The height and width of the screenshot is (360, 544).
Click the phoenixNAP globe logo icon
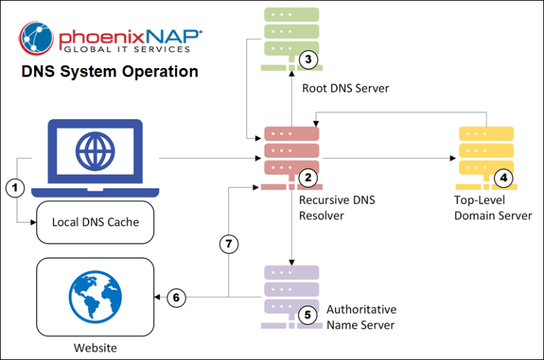[x=36, y=38]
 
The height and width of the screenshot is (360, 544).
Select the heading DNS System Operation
[x=110, y=72]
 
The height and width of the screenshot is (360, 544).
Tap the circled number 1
[x=15, y=188]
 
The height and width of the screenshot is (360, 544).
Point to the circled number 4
[x=503, y=177]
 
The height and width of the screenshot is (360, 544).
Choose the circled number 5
[x=307, y=314]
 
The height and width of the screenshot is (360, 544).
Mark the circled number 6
[x=176, y=298]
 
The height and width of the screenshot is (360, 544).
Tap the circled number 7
[x=228, y=244]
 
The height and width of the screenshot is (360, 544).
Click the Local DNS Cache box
[x=96, y=222]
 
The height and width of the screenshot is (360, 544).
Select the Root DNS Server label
[x=346, y=89]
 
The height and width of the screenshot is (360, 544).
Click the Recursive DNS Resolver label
[x=336, y=208]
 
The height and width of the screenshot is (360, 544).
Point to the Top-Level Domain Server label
[x=492, y=208]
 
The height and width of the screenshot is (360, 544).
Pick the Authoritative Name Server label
[x=361, y=317]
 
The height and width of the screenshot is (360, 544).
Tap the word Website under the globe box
[x=95, y=347]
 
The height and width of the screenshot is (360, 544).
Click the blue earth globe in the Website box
[x=95, y=297]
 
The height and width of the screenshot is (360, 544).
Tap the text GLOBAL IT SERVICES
[x=127, y=49]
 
